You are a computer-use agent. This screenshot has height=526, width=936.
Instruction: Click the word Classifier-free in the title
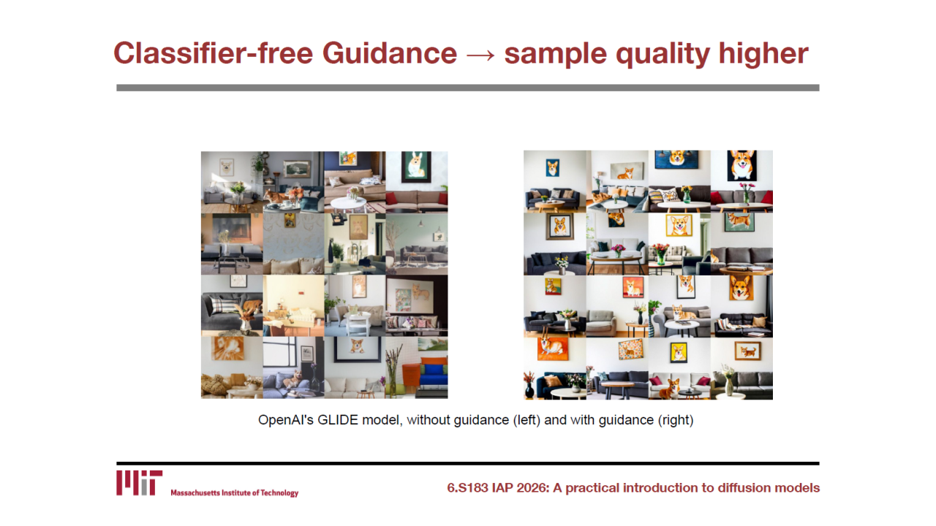(x=214, y=53)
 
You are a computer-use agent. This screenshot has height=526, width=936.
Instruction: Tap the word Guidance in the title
(x=390, y=53)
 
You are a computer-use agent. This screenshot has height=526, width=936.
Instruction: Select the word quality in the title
(x=663, y=54)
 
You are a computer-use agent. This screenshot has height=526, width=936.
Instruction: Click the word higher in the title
(x=763, y=54)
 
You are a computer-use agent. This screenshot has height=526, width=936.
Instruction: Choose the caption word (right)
(x=676, y=420)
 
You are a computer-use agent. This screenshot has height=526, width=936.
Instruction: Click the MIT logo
(x=139, y=483)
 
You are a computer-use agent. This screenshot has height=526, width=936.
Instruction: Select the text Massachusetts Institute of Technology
(x=235, y=493)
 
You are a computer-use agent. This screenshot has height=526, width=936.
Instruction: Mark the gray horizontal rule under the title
(x=467, y=88)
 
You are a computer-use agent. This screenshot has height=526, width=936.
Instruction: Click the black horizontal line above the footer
(x=467, y=463)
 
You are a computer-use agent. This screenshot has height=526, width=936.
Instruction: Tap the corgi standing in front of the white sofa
(x=670, y=389)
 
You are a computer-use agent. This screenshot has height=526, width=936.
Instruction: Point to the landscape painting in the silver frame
(x=297, y=169)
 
